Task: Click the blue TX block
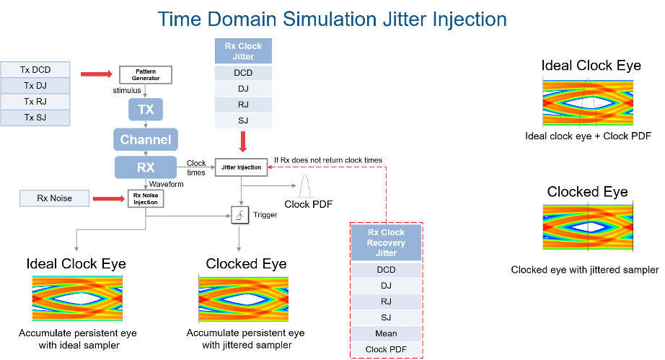point(146,110)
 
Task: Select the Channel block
point(146,139)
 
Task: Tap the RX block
point(146,167)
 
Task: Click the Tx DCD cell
point(35,70)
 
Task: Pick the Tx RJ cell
point(35,102)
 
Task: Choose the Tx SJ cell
point(35,118)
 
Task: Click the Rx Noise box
point(55,198)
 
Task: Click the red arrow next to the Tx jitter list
point(97,74)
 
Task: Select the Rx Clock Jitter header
point(243,51)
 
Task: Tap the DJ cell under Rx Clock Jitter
point(243,89)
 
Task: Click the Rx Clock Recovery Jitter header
point(386,243)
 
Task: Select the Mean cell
point(386,333)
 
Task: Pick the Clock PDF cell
point(386,350)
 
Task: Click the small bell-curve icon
point(306,185)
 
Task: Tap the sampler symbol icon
point(240,216)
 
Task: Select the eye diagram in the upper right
point(587,102)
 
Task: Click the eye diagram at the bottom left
point(77,297)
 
